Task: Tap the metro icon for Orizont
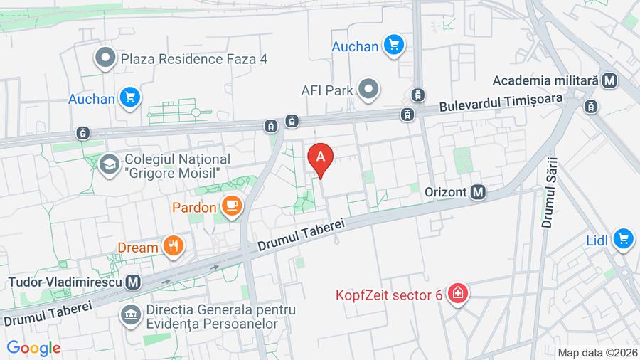pos(479,192)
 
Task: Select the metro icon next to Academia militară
pos(609,80)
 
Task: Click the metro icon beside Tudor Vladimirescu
pos(132,282)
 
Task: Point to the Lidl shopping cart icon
pos(624,240)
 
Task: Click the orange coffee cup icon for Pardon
pos(231,207)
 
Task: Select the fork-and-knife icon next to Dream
pos(173,247)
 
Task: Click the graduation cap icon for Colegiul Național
pos(109,166)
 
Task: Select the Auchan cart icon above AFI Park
pos(393,46)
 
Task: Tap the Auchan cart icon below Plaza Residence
pos(130,98)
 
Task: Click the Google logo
pos(33,349)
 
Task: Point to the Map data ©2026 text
pos(597,353)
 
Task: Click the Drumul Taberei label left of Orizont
pos(301,234)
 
